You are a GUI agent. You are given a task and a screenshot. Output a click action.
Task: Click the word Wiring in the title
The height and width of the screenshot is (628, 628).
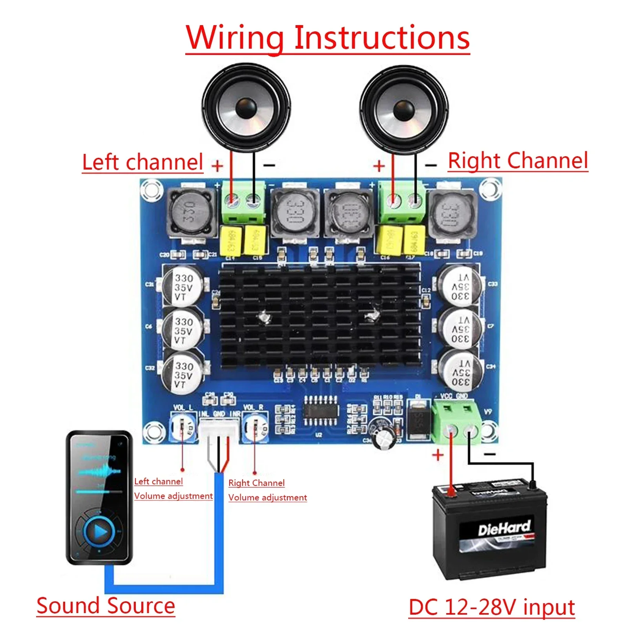[234, 38]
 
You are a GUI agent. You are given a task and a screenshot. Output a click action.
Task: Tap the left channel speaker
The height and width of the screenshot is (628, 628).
[246, 108]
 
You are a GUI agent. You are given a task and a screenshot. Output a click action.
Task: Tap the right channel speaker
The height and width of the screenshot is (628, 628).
[403, 108]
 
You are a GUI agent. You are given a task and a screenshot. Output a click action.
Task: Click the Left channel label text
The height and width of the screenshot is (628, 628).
[142, 162]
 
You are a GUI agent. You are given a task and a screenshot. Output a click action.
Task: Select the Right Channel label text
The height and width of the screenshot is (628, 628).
[518, 161]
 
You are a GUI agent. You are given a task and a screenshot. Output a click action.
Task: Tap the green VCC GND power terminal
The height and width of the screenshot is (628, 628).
[456, 422]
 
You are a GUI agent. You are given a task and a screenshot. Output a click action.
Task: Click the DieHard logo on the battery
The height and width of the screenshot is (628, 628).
[504, 528]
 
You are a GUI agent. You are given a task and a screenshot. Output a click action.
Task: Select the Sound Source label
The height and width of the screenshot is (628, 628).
[106, 606]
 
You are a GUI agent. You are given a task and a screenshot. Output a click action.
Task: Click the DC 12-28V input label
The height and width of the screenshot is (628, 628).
[491, 607]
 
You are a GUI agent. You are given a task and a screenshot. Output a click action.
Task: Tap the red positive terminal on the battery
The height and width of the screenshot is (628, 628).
[451, 491]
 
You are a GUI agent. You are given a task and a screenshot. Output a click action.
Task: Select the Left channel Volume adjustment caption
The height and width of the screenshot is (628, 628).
[173, 489]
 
